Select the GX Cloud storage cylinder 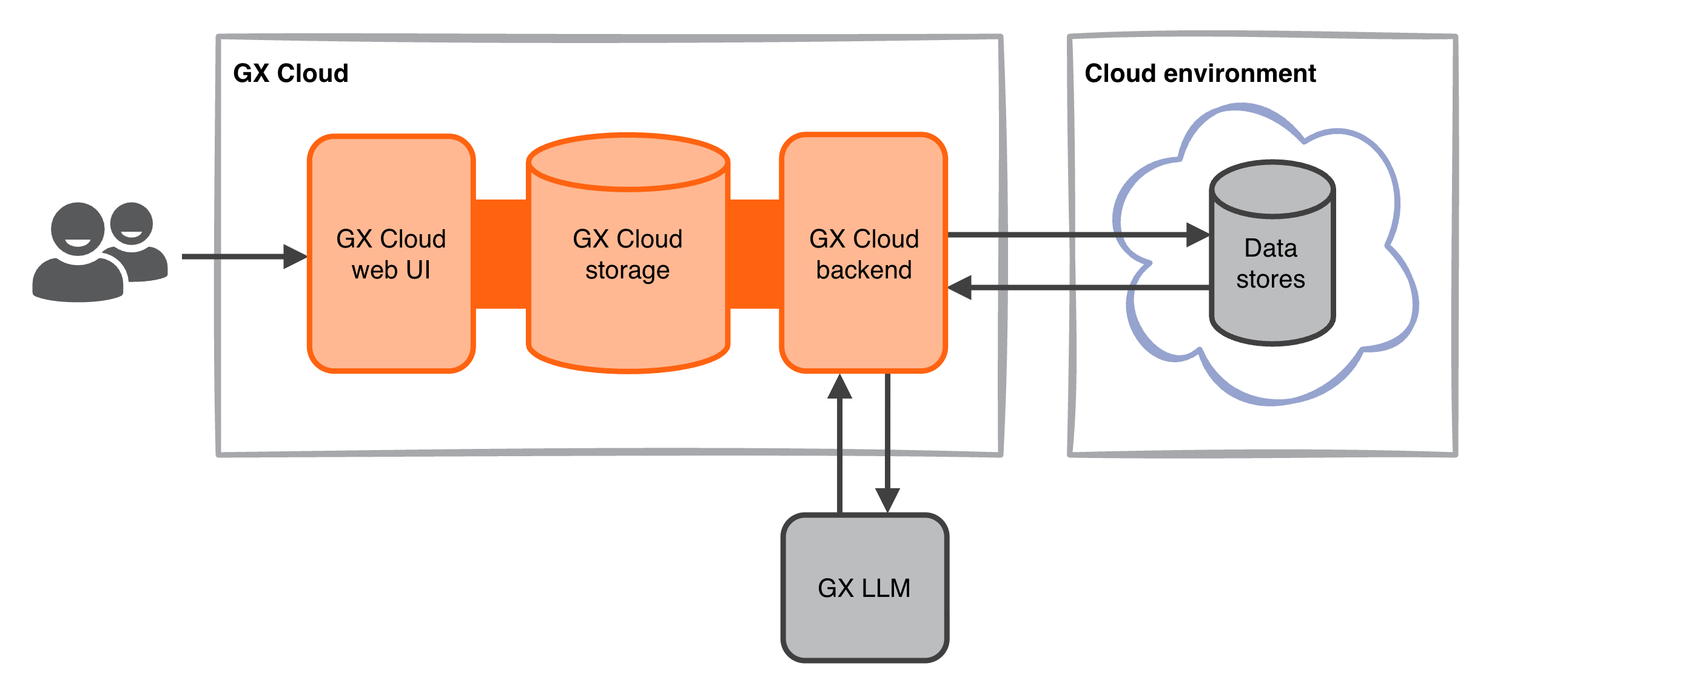tap(627, 315)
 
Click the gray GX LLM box tap(864, 618)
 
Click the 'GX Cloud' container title tap(291, 73)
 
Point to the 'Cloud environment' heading tap(1200, 73)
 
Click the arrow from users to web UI tap(237, 257)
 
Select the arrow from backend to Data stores tap(1065, 234)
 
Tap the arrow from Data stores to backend tap(1085, 288)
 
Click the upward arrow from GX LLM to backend tap(840, 447)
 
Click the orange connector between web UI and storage tap(500, 254)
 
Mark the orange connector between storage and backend tap(755, 254)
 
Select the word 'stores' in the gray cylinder tap(1270, 280)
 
